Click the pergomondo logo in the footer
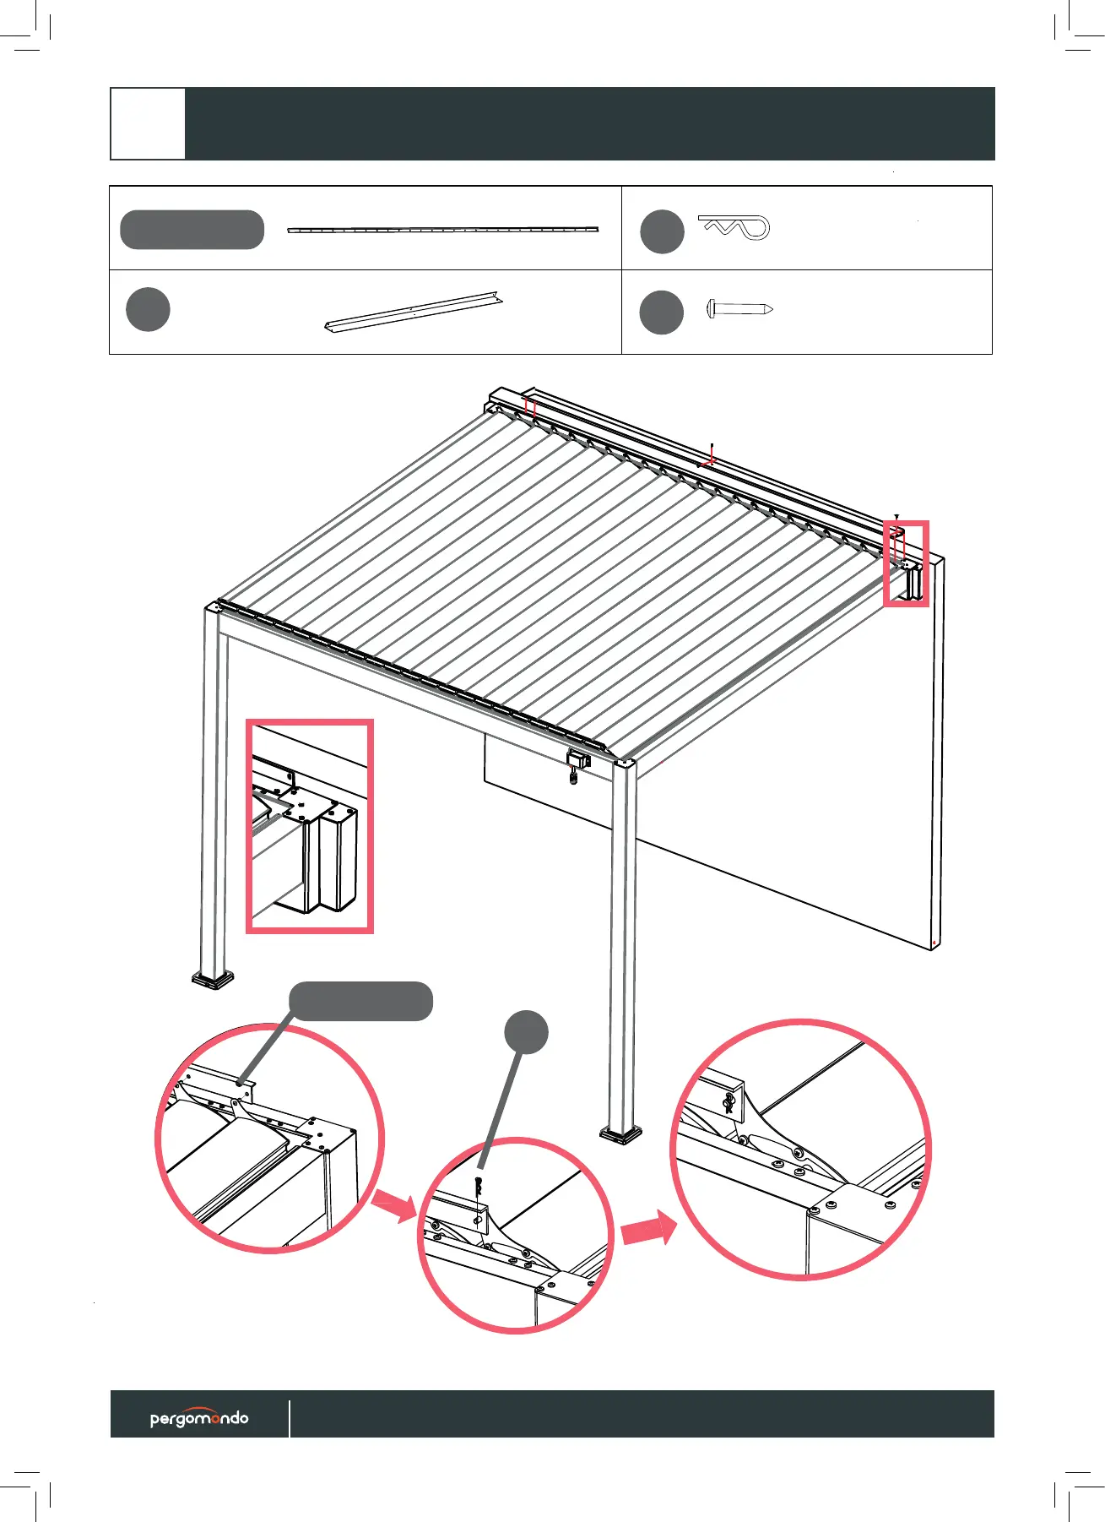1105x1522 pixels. [199, 1417]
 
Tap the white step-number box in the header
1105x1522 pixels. [148, 123]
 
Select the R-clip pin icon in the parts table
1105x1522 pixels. [734, 227]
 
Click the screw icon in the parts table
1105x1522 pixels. [739, 309]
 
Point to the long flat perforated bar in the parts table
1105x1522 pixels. [442, 229]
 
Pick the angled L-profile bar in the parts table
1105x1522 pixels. [414, 312]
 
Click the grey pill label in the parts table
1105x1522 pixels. [192, 230]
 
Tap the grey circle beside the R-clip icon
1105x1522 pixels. [662, 231]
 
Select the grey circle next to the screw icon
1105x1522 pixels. [662, 312]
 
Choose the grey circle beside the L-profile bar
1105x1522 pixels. [148, 309]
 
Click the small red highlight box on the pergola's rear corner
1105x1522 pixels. [906, 563]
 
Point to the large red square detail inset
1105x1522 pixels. [309, 825]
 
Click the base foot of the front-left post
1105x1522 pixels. [214, 980]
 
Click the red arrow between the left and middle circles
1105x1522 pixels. [394, 1205]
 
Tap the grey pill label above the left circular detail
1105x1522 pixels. [360, 1001]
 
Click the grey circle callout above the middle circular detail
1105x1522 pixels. [526, 1031]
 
